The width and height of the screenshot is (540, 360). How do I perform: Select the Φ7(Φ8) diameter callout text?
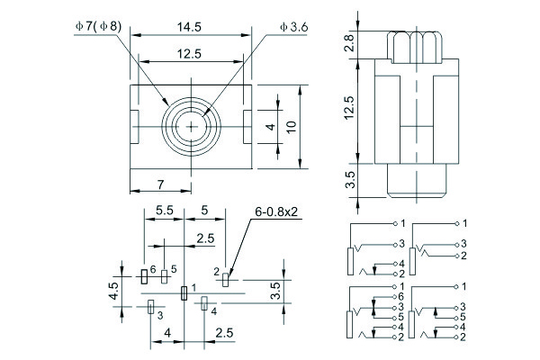point(99,27)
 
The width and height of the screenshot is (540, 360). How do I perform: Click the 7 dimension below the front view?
point(161,184)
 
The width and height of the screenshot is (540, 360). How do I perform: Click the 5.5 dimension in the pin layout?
point(165,210)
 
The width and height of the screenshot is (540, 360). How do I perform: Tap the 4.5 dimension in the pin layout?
point(114,290)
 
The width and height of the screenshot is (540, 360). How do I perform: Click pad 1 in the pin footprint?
point(184,292)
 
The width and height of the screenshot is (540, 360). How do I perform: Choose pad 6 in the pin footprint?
point(143,276)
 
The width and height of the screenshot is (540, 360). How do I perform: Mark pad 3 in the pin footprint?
point(150,308)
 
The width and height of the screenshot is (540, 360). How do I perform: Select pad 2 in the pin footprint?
point(226,277)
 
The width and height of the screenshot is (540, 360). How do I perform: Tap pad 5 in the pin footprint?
point(164,277)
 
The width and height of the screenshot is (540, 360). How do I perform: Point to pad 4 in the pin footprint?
point(204,304)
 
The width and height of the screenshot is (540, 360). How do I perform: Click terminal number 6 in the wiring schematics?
point(401,296)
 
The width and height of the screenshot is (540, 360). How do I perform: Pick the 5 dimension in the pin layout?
point(204,210)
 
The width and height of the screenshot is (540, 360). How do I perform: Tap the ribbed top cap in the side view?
point(415,45)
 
